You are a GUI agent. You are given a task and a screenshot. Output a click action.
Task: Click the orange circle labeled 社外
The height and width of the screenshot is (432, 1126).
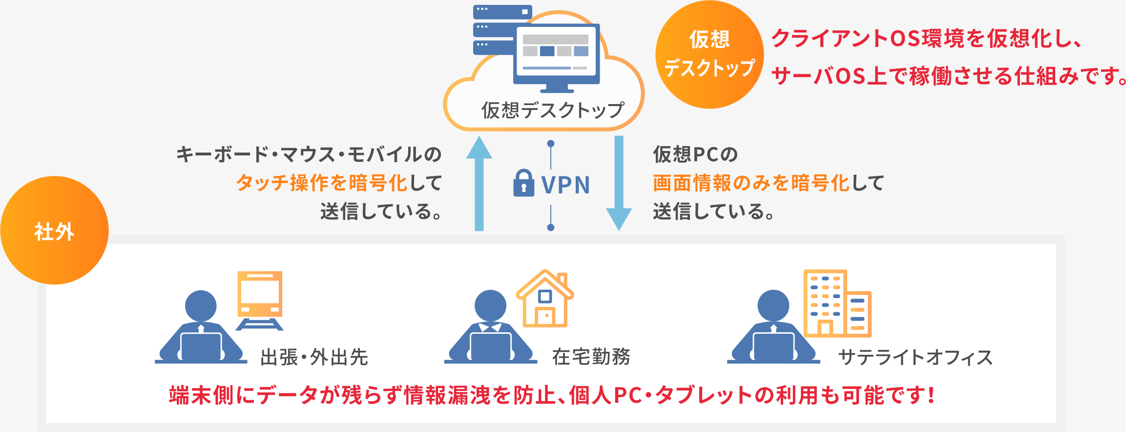point(54,230)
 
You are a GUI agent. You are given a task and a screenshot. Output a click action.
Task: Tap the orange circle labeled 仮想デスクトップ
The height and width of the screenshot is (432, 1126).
point(709,54)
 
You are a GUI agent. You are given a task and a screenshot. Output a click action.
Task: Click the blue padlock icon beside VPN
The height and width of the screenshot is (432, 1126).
point(523,183)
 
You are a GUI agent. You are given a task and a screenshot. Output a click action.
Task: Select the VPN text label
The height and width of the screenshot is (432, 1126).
point(565,185)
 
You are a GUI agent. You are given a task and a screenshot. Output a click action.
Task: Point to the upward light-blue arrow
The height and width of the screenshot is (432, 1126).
point(479,183)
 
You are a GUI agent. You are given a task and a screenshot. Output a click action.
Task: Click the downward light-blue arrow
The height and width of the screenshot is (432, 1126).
point(619,183)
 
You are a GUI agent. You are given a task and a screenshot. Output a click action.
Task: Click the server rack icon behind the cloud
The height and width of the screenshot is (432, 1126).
point(493,29)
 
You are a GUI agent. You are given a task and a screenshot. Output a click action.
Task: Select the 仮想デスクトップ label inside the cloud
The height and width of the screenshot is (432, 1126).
point(553,110)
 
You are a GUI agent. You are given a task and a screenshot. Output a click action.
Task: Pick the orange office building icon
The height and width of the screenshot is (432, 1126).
point(837,303)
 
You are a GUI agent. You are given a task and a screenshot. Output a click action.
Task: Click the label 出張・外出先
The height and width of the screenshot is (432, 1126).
point(314,357)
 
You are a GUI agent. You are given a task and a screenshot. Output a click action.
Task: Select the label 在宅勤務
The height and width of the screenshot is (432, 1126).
point(591,357)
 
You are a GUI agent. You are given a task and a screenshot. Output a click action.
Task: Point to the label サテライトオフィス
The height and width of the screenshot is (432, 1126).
point(916,357)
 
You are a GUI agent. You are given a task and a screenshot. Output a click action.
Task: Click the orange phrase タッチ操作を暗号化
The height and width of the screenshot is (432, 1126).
point(322,183)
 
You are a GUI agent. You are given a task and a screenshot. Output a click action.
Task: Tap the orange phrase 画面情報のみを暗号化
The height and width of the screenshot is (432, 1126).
point(751,183)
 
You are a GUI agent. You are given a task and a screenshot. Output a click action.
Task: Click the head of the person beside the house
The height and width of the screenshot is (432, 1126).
point(490,306)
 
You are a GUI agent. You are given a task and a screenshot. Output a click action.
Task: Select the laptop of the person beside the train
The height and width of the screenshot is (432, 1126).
point(201,346)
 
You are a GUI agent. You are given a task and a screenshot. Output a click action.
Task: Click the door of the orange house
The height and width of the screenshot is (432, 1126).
point(545,316)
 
